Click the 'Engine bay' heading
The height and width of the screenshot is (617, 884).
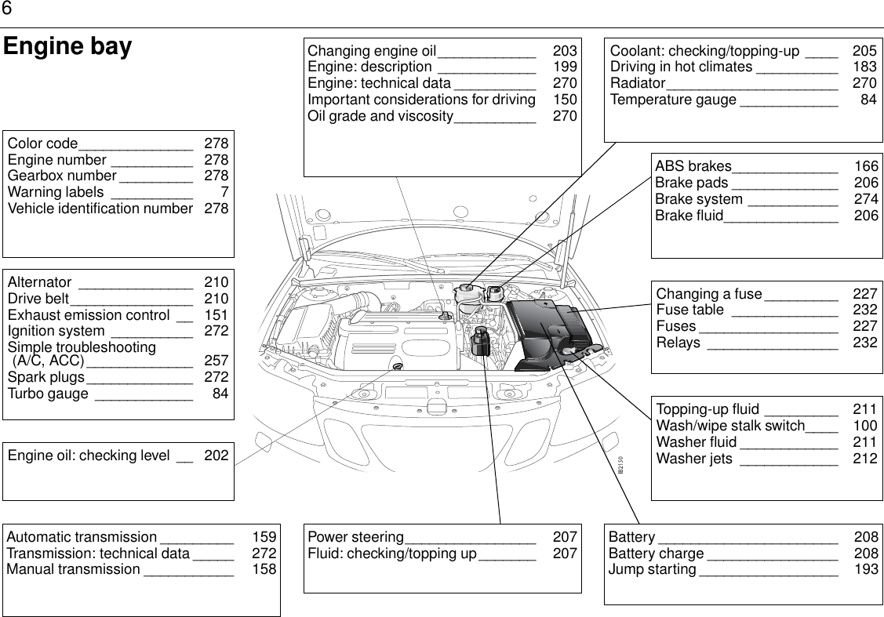pos(67,47)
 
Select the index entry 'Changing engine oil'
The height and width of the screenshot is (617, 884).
pos(371,51)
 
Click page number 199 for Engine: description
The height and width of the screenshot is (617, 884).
pos(565,67)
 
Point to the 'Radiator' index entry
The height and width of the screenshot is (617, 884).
pos(638,84)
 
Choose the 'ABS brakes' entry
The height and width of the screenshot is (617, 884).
pos(693,166)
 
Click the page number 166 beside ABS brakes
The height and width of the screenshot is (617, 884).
pos(866,166)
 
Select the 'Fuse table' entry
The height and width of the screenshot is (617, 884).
pos(689,310)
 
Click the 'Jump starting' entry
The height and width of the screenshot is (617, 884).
pos(652,569)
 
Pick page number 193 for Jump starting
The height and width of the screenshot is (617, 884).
pos(866,569)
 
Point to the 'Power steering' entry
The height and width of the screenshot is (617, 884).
pos(355,538)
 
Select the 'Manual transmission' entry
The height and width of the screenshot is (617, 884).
pos(73,569)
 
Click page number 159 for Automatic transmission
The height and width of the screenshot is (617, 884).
pos(264,538)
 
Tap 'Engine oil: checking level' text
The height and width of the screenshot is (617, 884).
pos(89,455)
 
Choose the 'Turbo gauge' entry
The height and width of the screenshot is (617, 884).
pos(48,394)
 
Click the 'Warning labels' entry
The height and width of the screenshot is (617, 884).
pos(55,193)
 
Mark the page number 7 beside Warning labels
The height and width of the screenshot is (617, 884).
pos(224,193)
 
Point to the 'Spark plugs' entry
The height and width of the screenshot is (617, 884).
pos(46,377)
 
